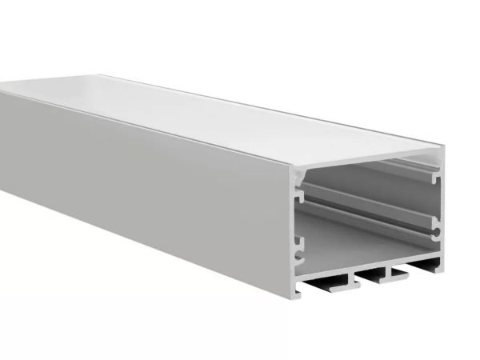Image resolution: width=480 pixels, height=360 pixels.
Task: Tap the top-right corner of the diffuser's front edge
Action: [x=443, y=147]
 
